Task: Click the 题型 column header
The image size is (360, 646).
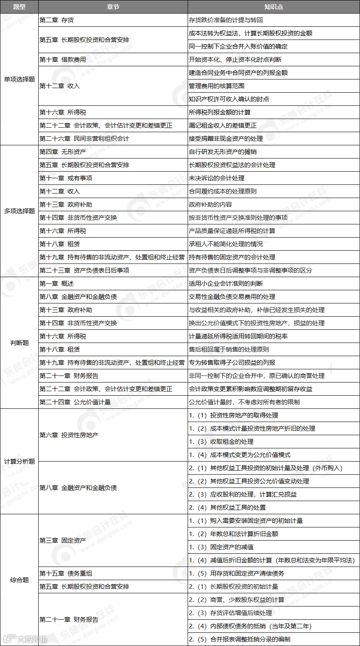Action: (x=19, y=7)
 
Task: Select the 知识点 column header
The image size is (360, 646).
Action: (x=273, y=7)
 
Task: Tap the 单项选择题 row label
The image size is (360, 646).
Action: (x=19, y=79)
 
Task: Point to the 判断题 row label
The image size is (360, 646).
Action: (x=19, y=343)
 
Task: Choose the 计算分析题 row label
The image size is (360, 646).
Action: (x=19, y=461)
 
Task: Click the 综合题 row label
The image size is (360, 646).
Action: (x=19, y=580)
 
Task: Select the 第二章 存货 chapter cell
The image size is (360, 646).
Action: (x=57, y=20)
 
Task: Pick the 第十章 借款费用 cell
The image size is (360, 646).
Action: (x=63, y=59)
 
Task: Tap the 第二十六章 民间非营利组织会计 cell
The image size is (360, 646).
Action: (x=84, y=138)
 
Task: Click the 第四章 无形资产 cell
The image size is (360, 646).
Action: (x=63, y=152)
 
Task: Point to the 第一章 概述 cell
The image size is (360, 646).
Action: (x=57, y=283)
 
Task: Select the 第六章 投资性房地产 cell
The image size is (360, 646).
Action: (x=69, y=435)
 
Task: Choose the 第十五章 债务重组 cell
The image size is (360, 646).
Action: (x=66, y=573)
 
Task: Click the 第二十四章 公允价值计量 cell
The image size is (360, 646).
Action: (x=75, y=402)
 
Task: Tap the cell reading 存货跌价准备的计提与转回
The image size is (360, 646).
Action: (x=226, y=20)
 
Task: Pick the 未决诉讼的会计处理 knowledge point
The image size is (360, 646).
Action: (x=217, y=178)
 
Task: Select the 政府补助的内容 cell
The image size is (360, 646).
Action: (x=211, y=204)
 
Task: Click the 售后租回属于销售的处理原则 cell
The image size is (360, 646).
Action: (x=229, y=349)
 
